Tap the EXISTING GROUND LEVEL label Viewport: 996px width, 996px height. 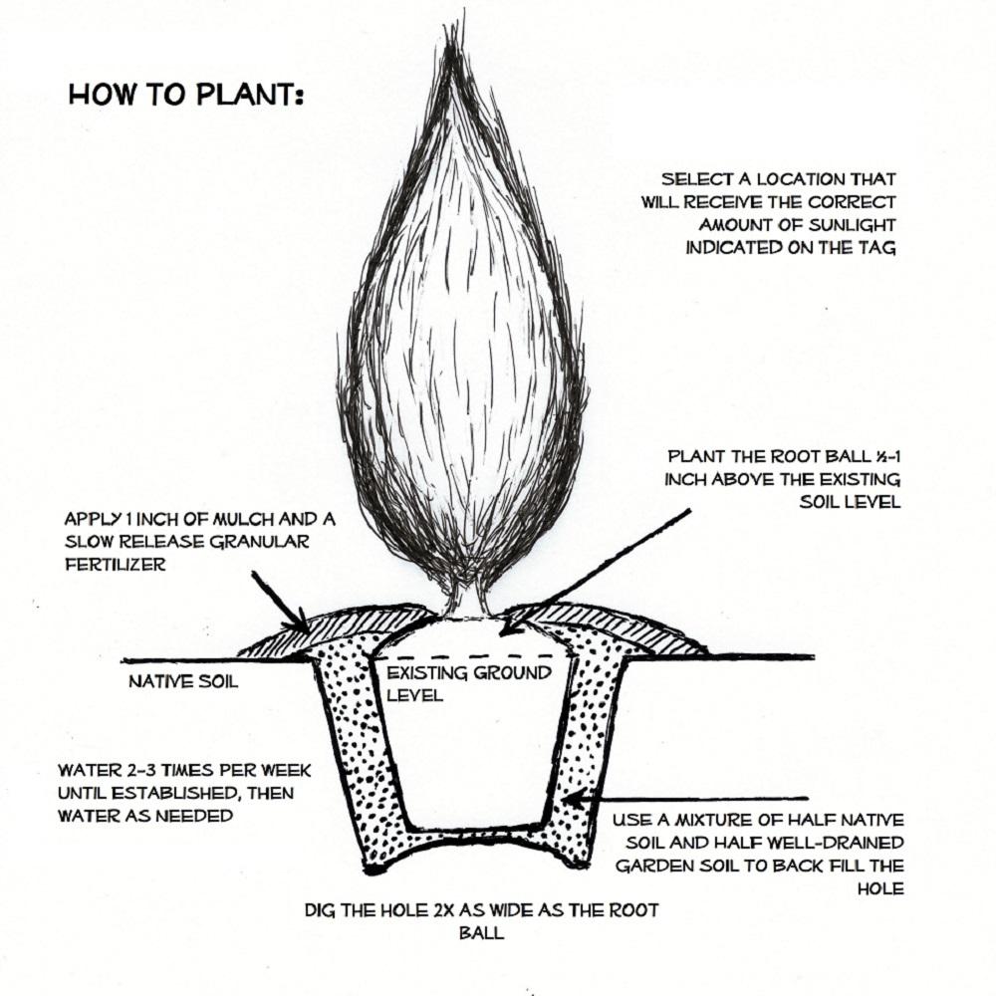(468, 683)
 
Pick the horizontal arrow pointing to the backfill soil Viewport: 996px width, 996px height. (687, 798)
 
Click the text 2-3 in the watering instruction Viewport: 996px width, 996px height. (132, 771)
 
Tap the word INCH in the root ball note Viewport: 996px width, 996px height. (687, 479)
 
